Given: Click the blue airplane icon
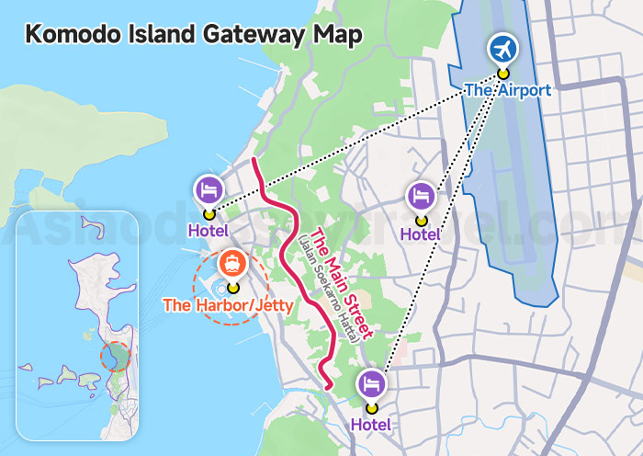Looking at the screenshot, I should point(502,48).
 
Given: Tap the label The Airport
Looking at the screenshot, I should point(507,90).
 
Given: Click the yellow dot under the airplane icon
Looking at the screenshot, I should point(502,74).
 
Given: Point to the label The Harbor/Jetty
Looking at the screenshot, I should point(227,304).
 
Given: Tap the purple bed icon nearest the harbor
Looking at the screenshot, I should point(209,190).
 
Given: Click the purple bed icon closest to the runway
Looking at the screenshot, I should point(421,195).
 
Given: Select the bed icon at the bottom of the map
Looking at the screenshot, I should point(371,382).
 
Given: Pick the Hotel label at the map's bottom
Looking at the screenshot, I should point(370,425).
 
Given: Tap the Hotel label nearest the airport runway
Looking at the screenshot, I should point(420,235).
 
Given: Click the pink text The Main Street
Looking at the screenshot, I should point(341,283).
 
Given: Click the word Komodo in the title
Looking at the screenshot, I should point(71,35).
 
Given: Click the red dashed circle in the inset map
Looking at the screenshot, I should point(116,353).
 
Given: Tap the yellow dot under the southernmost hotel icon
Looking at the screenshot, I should point(371,407).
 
